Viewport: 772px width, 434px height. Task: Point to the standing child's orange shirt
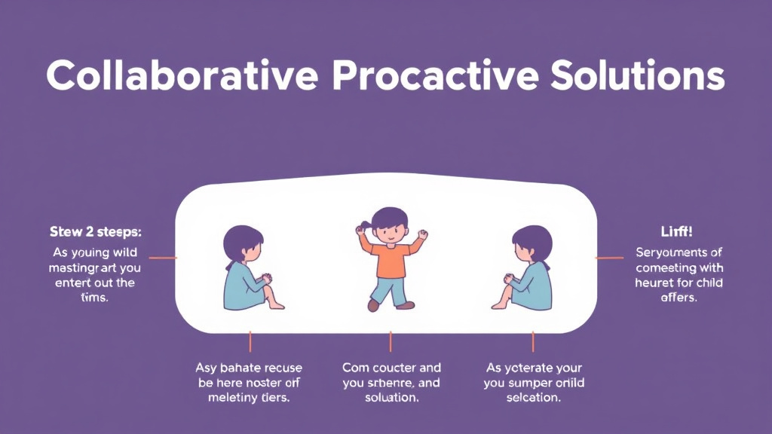(x=390, y=261)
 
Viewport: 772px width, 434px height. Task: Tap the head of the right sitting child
(x=532, y=243)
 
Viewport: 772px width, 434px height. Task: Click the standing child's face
(x=390, y=228)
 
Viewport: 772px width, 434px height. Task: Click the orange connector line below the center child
(x=391, y=342)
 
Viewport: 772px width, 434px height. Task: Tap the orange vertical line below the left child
(x=250, y=342)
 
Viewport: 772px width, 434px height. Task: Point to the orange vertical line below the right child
(x=532, y=342)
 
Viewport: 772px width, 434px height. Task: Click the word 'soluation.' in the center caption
(x=391, y=398)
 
